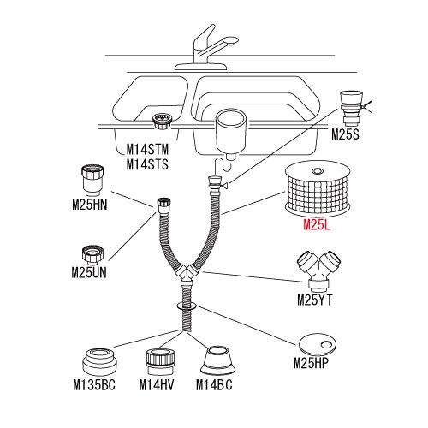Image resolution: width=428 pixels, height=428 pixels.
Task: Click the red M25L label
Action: click(317, 225)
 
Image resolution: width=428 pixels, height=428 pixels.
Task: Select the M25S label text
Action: click(345, 134)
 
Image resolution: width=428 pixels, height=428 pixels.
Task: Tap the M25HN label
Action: click(90, 205)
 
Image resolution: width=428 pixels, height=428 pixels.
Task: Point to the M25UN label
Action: click(89, 273)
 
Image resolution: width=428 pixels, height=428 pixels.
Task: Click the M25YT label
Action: click(315, 300)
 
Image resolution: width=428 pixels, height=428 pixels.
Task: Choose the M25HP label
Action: click(312, 363)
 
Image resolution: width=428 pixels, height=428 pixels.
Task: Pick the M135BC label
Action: click(94, 385)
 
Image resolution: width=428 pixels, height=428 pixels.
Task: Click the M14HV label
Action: click(157, 385)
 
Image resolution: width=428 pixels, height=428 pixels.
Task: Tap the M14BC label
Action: click(214, 385)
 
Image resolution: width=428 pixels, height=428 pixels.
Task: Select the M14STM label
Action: click(147, 149)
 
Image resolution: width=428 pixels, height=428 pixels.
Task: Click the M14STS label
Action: click(147, 164)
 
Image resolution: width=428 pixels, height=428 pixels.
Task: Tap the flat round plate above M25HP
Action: click(318, 342)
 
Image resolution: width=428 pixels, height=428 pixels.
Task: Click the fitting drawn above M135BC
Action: click(99, 362)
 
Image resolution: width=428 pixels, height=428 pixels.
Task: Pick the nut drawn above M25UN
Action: click(92, 254)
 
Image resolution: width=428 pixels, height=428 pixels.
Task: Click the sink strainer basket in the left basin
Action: click(163, 122)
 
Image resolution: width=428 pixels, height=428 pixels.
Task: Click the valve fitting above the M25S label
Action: click(354, 108)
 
